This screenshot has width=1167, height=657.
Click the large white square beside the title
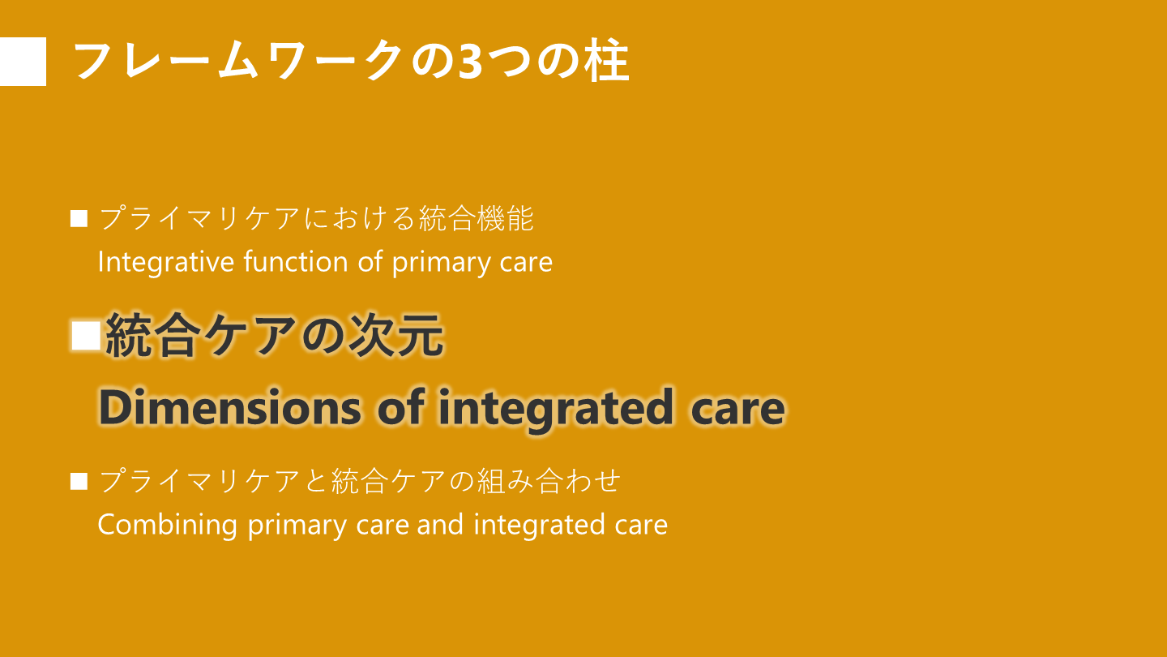click(23, 61)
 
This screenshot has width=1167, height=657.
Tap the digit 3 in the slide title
click(470, 62)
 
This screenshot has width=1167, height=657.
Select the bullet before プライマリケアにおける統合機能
click(79, 218)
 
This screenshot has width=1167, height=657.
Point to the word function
click(295, 261)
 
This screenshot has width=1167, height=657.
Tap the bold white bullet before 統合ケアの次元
click(86, 336)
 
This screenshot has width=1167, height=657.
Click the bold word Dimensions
click(230, 406)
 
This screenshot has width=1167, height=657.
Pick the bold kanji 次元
click(396, 335)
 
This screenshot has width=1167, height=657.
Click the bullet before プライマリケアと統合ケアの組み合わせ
click(79, 481)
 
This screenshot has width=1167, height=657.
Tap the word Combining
click(167, 525)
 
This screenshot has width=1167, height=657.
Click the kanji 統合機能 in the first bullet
click(477, 218)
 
